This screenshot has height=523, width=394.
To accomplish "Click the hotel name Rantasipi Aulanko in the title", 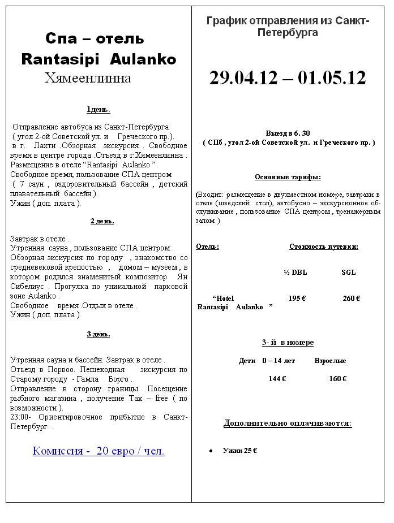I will coord(98,59).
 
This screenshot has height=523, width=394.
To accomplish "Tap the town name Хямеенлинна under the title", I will coord(88,77).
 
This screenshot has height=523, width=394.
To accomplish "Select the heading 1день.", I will coord(98,110).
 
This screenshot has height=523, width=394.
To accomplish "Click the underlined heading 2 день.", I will coord(102,221).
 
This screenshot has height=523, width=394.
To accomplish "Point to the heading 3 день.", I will coord(98,334).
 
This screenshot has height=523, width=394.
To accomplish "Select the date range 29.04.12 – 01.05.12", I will coord(288,78).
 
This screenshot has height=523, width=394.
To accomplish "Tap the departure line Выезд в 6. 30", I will coord(288,133).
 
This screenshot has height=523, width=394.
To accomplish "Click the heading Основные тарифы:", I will coord(288,177).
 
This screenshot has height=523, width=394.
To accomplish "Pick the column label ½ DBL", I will coord(295,272).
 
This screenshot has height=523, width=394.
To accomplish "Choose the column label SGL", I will coord(349,272).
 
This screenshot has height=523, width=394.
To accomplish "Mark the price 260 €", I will coord(352,298).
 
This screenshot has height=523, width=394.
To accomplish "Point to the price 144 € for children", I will coord(277,379).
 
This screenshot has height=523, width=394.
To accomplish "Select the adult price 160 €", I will coord(338,379).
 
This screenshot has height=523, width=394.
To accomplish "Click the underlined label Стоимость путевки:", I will coord(324,247).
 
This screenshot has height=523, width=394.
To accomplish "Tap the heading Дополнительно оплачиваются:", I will coord(288,423).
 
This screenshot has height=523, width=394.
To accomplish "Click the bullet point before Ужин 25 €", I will coord(211,451).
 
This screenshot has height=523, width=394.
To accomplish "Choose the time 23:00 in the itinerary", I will coord(19,417).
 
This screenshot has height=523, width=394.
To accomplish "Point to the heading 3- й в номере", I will coord(288,343).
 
